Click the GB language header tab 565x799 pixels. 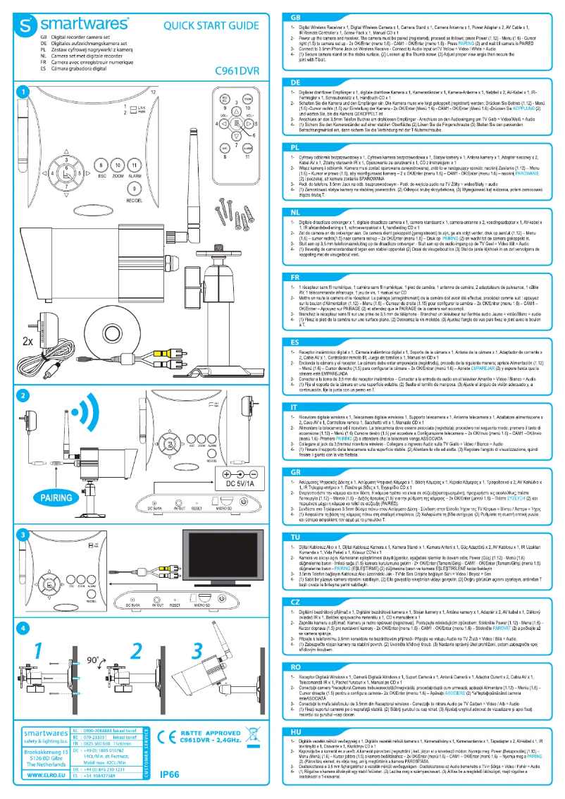(x=295, y=17)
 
